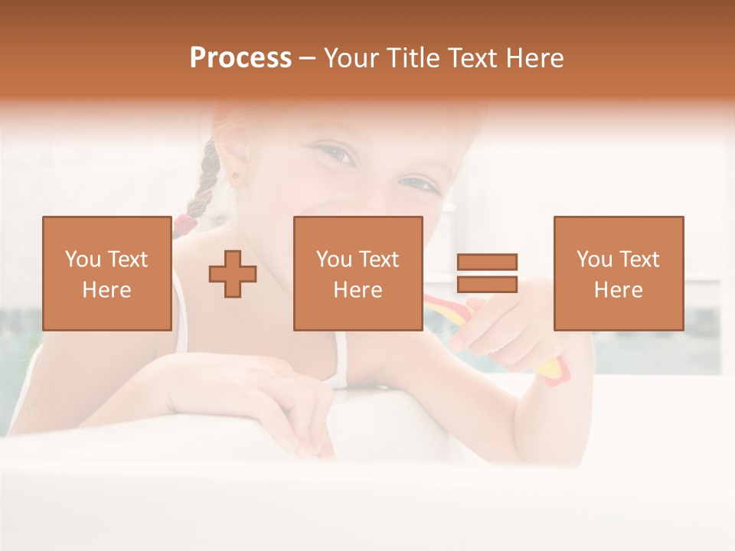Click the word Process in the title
tap(240, 58)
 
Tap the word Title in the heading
tap(414, 58)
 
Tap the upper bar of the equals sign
tap(487, 262)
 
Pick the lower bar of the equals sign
tap(487, 284)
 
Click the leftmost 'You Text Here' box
tap(106, 273)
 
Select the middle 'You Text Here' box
tap(358, 273)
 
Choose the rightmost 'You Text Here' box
tap(618, 273)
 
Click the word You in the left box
tap(83, 259)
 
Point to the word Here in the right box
tap(618, 290)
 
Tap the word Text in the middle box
tap(378, 259)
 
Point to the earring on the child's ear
tap(236, 175)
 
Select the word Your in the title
tap(351, 58)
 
